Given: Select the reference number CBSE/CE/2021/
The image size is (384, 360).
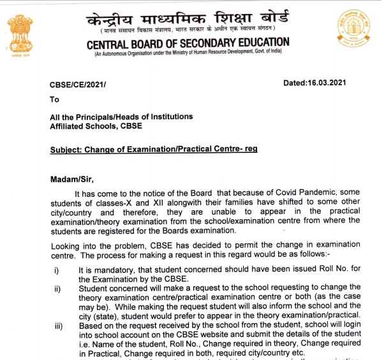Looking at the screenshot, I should tap(78, 84).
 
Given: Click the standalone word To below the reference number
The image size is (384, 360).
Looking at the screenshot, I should tap(54, 99).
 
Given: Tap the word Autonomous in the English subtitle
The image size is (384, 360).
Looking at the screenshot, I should tap(120, 55).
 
